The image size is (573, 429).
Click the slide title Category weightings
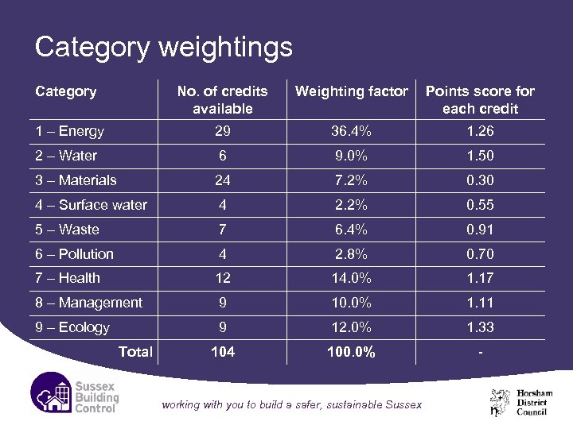(x=163, y=48)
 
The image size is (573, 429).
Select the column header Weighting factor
(x=351, y=91)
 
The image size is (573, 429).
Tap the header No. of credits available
(x=222, y=99)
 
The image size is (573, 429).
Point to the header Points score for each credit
(x=481, y=99)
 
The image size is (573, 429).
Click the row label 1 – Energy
(x=69, y=131)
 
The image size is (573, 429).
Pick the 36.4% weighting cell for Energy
(x=351, y=131)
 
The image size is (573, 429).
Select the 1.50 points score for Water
(x=481, y=156)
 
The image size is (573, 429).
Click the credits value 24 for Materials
(x=222, y=180)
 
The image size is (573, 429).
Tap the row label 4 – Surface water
(x=91, y=205)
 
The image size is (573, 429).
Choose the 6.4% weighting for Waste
(x=351, y=230)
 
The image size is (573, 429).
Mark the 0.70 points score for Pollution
(x=481, y=254)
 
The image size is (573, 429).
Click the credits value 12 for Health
(x=222, y=278)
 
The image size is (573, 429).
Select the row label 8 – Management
(x=88, y=303)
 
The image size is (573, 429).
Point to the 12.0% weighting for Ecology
(x=351, y=327)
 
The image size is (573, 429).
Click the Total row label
(x=135, y=351)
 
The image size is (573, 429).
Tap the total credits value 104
(x=222, y=351)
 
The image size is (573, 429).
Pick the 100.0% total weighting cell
(x=351, y=351)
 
